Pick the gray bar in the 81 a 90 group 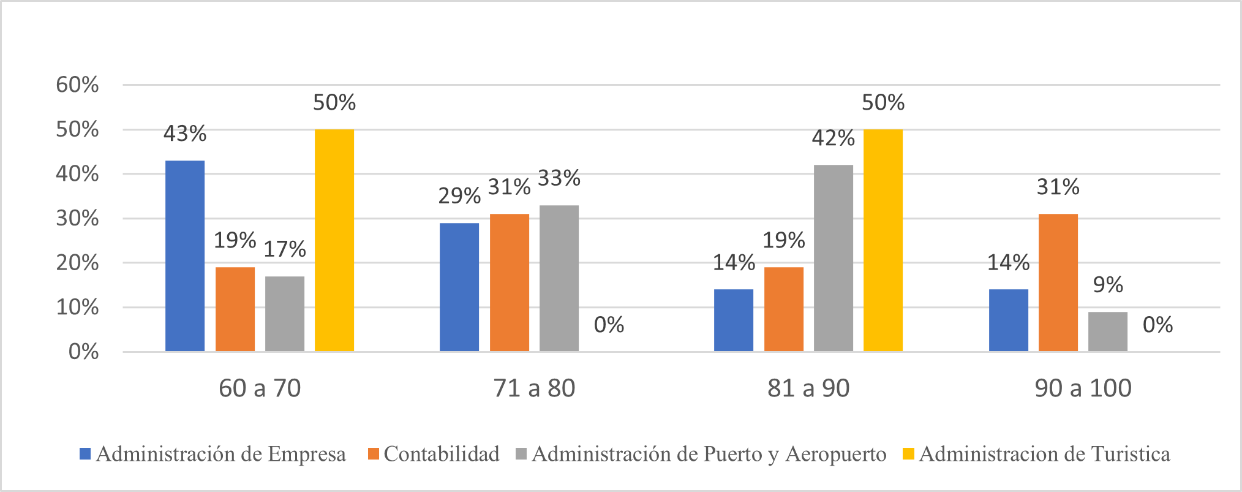(x=834, y=258)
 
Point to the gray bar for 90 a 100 (x=1108, y=331)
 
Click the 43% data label (x=185, y=134)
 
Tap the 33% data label (x=559, y=178)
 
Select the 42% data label (x=834, y=138)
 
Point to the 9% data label (x=1108, y=285)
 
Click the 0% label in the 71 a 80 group (x=609, y=325)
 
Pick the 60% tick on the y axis (x=77, y=85)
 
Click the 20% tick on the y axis (x=77, y=263)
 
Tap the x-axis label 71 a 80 (x=534, y=388)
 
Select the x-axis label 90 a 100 (x=1083, y=388)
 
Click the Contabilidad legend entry (x=442, y=454)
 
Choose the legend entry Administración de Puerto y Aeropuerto (x=709, y=454)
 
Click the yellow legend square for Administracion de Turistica (x=909, y=454)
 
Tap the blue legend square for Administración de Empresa (x=85, y=454)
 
